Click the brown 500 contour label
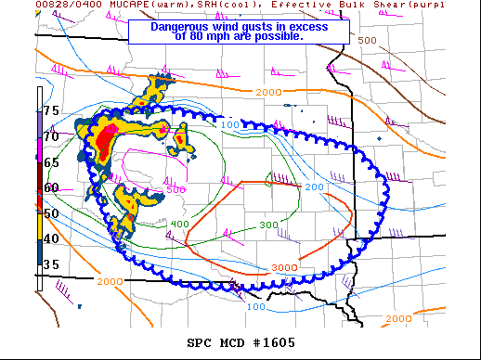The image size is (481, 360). click(x=368, y=41)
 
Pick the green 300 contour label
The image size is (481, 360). click(x=268, y=225)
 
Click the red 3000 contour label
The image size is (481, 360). click(x=285, y=267)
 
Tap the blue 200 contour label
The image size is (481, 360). click(x=314, y=187)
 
